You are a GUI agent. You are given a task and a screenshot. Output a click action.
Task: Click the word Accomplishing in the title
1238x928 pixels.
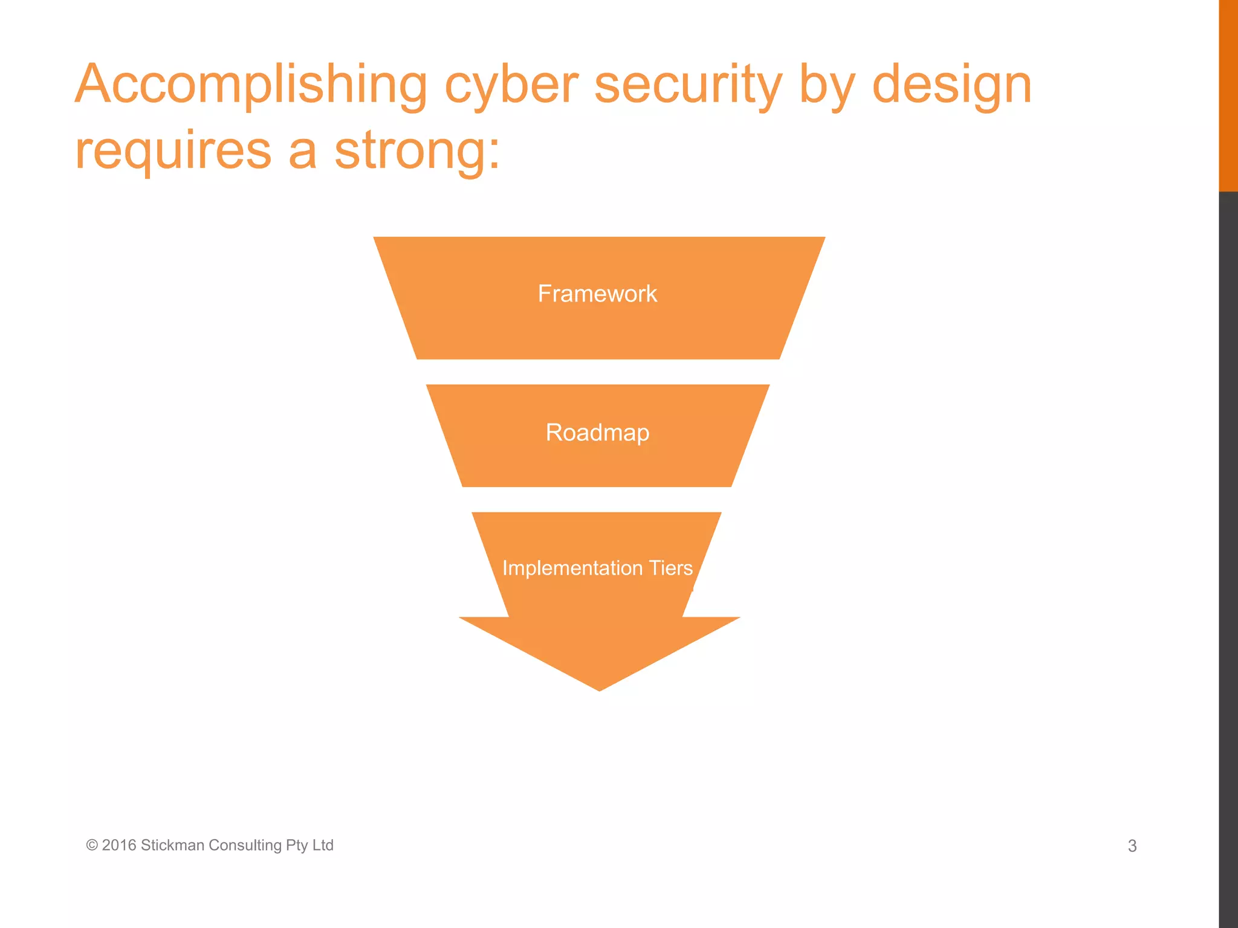251,85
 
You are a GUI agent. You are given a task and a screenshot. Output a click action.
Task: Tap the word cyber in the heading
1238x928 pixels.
511,85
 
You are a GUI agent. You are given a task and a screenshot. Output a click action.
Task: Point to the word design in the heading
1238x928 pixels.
951,85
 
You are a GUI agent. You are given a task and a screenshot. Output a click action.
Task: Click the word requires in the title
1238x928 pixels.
173,151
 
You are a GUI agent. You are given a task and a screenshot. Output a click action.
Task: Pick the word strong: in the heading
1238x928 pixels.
417,151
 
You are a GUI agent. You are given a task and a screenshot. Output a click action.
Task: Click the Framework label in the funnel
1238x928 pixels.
597,294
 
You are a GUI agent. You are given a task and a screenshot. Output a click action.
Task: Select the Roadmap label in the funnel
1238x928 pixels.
597,433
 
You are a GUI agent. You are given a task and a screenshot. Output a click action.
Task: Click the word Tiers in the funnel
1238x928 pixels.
671,568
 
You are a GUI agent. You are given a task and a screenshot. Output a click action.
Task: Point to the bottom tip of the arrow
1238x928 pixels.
599,688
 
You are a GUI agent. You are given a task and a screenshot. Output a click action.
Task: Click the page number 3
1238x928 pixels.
1132,846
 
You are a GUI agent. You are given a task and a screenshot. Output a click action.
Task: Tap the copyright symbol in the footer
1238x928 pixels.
92,845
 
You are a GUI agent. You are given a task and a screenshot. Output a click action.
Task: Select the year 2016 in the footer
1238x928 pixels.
119,845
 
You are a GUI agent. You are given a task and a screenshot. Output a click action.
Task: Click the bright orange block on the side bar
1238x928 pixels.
1228,95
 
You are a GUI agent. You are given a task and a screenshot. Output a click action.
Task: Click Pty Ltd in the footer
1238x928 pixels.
309,845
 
